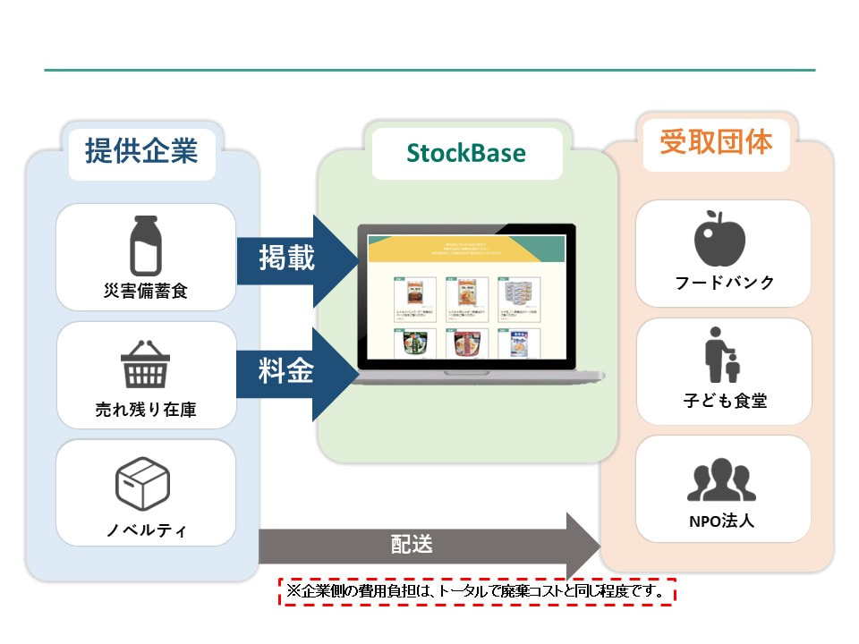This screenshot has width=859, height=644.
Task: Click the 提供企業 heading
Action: (x=141, y=151)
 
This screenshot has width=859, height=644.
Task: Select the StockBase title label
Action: (x=466, y=153)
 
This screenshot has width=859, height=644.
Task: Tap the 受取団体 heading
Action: (x=716, y=142)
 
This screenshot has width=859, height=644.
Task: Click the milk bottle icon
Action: (x=145, y=245)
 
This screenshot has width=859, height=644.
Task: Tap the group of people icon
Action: (x=722, y=481)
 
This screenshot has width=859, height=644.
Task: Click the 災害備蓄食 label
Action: (x=145, y=292)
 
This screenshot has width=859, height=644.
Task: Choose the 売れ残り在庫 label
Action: (x=145, y=411)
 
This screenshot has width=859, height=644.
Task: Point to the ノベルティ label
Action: (x=145, y=530)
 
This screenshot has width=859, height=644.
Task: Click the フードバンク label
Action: (x=724, y=283)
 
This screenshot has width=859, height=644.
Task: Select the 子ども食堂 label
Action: (x=724, y=401)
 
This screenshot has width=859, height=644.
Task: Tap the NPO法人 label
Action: (x=724, y=520)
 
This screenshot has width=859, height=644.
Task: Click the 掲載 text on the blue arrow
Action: (x=286, y=259)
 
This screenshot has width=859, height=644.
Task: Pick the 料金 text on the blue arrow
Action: (x=286, y=371)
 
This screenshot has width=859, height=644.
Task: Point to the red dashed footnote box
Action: (x=477, y=591)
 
